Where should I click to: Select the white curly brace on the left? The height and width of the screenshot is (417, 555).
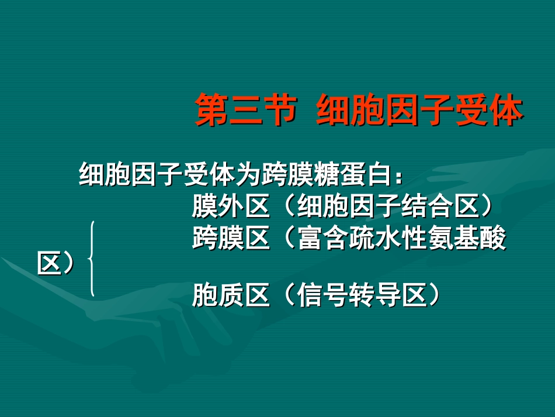(91, 259)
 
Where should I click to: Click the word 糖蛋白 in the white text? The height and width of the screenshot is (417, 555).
(347, 174)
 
